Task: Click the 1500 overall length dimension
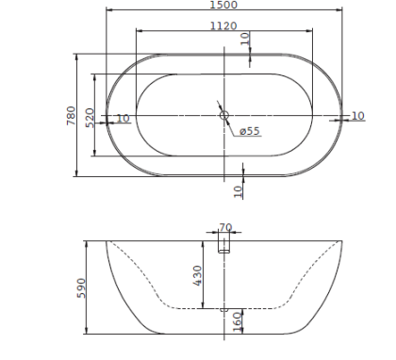pyautogui.click(x=223, y=6)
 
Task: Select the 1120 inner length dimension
pyautogui.click(x=223, y=25)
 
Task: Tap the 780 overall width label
pyautogui.click(x=70, y=114)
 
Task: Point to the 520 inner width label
pyautogui.click(x=90, y=117)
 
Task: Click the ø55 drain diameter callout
pyautogui.click(x=249, y=131)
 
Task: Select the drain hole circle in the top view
pyautogui.click(x=223, y=116)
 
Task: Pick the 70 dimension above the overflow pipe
pyautogui.click(x=224, y=227)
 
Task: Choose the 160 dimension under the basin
pyautogui.click(x=238, y=320)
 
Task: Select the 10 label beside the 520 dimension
pyautogui.click(x=123, y=118)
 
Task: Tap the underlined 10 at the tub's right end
pyautogui.click(x=357, y=115)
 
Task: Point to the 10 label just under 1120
pyautogui.click(x=245, y=40)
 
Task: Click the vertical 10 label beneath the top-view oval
pyautogui.click(x=239, y=189)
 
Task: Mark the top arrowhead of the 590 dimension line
pyautogui.click(x=87, y=243)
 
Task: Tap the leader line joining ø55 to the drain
pyautogui.click(x=230, y=124)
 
